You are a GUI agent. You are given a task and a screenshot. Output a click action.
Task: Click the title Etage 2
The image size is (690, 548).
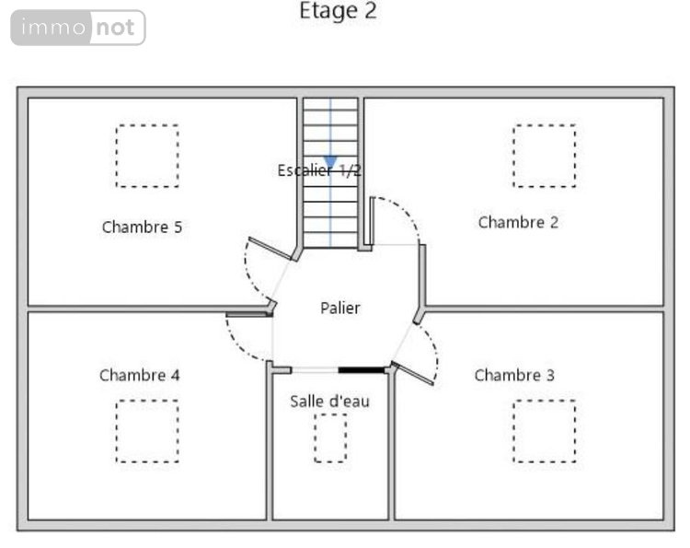[x=338, y=12]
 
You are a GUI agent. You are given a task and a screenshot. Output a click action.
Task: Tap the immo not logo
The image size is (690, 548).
[x=78, y=28]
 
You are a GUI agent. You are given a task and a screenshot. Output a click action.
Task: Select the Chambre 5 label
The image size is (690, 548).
[x=142, y=227]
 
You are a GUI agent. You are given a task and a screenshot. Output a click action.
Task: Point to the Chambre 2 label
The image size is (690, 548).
[x=518, y=222]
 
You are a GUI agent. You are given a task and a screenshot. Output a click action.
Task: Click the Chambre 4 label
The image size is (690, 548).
[x=139, y=375]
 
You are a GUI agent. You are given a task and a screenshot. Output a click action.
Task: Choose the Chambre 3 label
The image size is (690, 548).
[x=514, y=375]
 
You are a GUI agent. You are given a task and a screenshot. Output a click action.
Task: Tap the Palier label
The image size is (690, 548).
[x=340, y=308]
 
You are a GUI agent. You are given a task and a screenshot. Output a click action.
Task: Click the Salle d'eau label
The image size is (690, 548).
[x=330, y=401]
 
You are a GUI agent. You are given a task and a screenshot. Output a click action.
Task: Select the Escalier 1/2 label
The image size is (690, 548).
[x=318, y=170]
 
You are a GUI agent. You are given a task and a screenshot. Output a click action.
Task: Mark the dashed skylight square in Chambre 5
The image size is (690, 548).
[x=147, y=156]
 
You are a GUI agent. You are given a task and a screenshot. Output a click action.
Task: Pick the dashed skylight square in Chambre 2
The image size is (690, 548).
[x=544, y=156]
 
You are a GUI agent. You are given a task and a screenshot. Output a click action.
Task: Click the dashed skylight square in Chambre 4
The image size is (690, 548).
[x=147, y=430]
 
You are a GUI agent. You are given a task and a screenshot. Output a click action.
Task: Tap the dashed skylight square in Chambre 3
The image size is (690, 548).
[x=544, y=430]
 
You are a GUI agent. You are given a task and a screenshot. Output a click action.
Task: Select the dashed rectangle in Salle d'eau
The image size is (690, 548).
[x=330, y=437]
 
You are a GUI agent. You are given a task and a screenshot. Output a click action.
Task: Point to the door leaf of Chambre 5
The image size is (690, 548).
[x=270, y=249]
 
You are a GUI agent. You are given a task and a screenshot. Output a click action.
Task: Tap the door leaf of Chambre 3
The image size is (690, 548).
[x=413, y=374]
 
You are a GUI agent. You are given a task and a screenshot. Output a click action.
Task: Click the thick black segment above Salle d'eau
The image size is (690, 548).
[x=362, y=369]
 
